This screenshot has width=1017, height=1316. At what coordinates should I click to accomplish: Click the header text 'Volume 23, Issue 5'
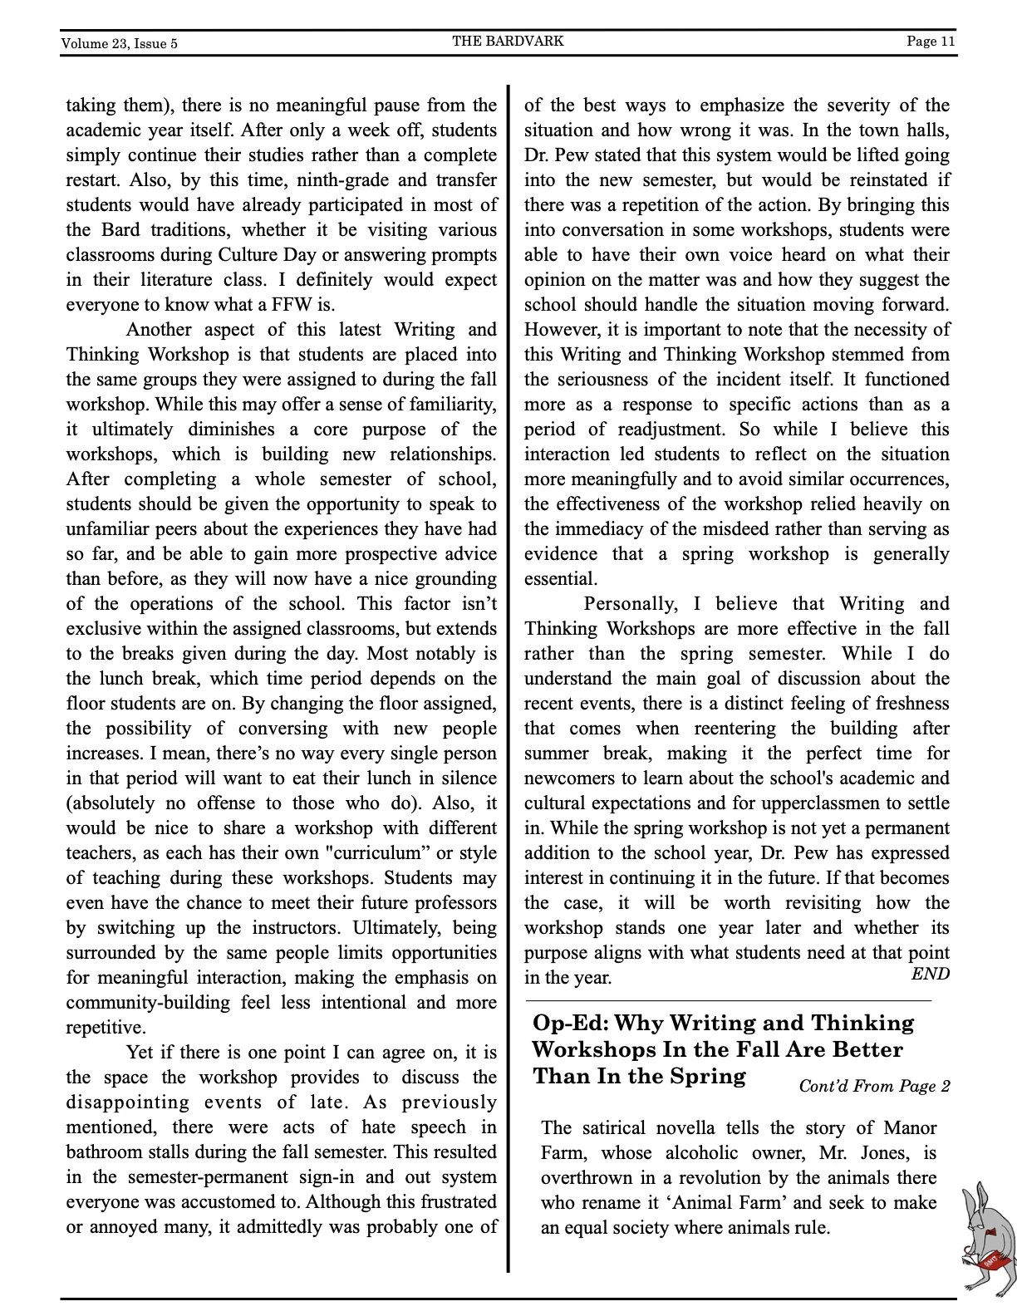119,44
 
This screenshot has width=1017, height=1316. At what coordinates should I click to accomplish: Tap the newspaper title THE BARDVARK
508,41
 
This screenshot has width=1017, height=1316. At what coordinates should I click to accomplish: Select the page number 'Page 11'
931,41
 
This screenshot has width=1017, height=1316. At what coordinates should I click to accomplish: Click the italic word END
930,974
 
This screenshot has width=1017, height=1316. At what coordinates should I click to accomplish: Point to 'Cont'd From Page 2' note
874,1086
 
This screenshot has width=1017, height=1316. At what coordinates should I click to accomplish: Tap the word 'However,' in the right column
561,330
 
